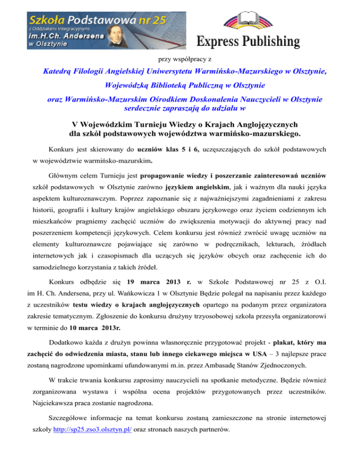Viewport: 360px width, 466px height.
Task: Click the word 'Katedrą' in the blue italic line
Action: tap(57, 72)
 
